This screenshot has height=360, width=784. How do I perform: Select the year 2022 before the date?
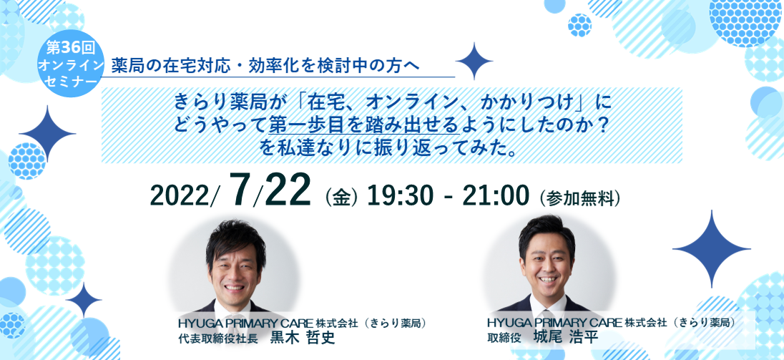(x=184, y=197)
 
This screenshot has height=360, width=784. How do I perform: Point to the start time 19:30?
(x=399, y=197)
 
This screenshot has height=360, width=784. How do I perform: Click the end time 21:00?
(x=496, y=197)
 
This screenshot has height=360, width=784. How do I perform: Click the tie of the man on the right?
(x=547, y=306)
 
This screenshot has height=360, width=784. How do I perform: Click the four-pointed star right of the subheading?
(x=474, y=62)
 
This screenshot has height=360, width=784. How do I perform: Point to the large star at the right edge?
(x=712, y=249)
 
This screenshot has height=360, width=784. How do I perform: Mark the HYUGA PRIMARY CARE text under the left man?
(x=245, y=323)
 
